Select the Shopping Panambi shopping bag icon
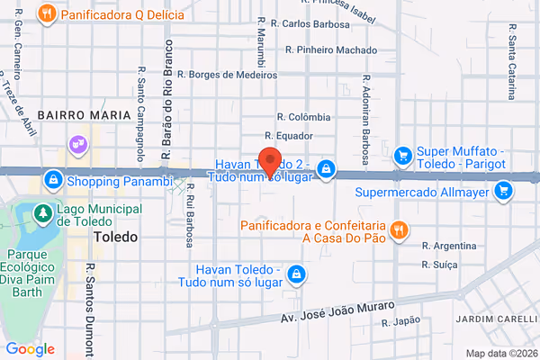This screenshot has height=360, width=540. coord(54,181)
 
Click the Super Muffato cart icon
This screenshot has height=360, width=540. coord(404,155)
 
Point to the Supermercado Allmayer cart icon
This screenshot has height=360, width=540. coord(503,190)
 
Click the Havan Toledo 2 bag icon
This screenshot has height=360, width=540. coord(326,168)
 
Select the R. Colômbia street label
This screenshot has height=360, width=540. coord(303,117)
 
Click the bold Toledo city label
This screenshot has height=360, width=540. coord(115,238)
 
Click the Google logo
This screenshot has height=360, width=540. coord(30,348)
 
